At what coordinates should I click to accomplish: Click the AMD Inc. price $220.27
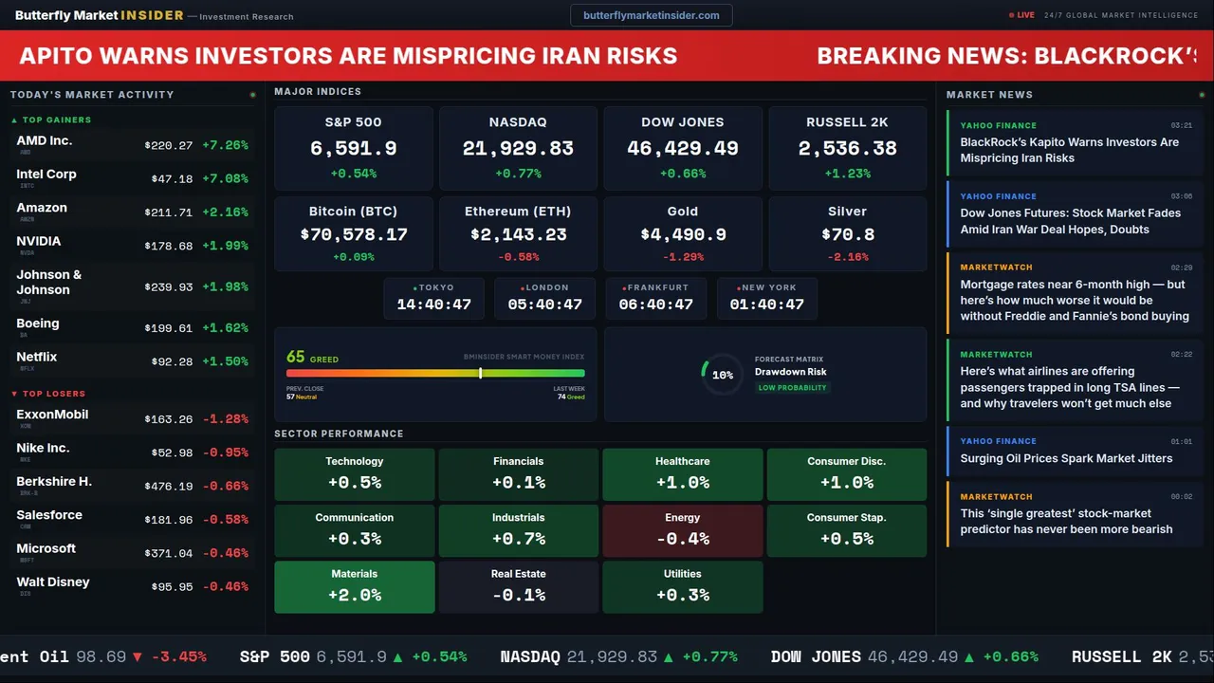[169, 146]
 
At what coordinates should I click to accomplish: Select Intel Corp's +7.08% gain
[225, 179]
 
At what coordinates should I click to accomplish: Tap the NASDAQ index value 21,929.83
[518, 149]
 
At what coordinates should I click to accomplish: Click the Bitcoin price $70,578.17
[354, 234]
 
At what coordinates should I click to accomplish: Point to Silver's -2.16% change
[847, 257]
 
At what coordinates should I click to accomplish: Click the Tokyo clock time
[433, 305]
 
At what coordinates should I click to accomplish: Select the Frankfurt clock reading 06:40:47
[655, 305]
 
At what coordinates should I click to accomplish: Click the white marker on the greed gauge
[481, 373]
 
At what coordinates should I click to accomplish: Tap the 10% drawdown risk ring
[722, 375]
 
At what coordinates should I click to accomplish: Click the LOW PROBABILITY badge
[792, 388]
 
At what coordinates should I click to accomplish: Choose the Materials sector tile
[355, 586]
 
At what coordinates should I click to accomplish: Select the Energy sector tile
[682, 530]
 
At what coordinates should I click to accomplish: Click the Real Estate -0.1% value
[518, 596]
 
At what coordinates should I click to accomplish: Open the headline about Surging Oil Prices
[1066, 458]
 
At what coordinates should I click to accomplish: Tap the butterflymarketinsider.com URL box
[651, 15]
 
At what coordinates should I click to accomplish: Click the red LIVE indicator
[1022, 15]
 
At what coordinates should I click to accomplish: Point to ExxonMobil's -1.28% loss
[225, 419]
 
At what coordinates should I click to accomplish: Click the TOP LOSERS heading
[53, 394]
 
